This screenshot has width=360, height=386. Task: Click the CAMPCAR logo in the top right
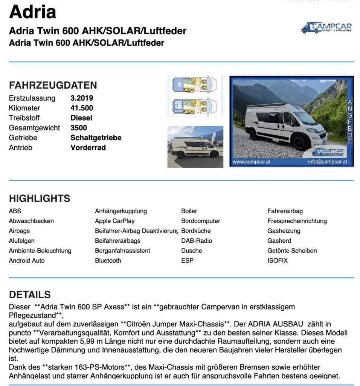(x=326, y=28)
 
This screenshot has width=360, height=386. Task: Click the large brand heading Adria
(x=32, y=12)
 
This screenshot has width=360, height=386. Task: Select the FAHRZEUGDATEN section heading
(x=53, y=85)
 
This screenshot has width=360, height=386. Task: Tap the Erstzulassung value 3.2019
(x=82, y=98)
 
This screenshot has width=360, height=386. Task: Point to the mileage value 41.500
(x=82, y=108)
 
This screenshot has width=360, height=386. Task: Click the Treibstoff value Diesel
(x=81, y=118)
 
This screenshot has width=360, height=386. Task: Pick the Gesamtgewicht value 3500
(x=79, y=128)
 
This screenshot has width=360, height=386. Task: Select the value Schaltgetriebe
(x=96, y=138)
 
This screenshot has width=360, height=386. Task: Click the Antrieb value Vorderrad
(x=88, y=147)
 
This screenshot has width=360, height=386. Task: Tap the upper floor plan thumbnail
(x=195, y=85)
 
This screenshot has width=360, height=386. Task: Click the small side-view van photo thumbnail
(x=195, y=147)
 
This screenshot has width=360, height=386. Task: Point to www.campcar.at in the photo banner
(x=251, y=162)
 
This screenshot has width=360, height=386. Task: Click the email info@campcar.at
(x=327, y=162)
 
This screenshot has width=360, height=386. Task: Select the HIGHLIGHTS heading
(x=40, y=198)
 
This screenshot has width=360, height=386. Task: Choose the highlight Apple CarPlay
(x=114, y=221)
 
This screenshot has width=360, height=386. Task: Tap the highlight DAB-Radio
(x=197, y=240)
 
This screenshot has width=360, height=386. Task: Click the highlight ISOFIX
(x=278, y=260)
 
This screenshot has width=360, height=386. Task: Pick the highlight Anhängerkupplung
(x=121, y=211)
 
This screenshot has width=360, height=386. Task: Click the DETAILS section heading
(x=30, y=294)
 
